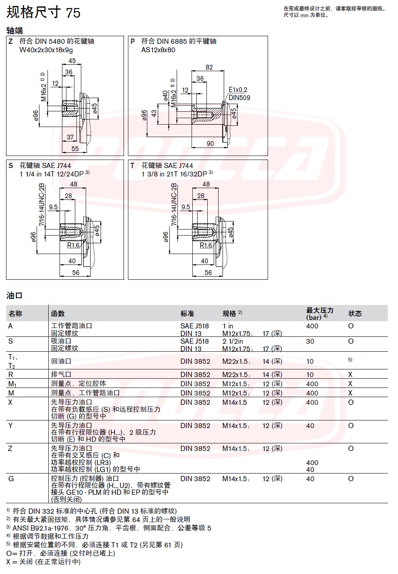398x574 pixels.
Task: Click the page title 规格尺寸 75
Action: [x=43, y=12]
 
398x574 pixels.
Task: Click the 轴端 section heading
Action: [x=14, y=31]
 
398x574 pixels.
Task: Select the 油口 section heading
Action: [x=14, y=295]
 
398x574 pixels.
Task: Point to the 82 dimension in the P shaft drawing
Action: [x=209, y=67]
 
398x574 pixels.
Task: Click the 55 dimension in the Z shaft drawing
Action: [x=75, y=149]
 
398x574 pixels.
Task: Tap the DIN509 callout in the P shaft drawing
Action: [x=239, y=98]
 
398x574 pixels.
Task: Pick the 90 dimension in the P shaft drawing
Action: [x=210, y=143]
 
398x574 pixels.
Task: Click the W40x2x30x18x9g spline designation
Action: [x=46, y=50]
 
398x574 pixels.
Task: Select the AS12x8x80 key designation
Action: [x=158, y=50]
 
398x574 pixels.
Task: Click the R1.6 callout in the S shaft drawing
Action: [x=73, y=245]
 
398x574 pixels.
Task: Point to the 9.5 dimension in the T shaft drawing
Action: [x=186, y=207]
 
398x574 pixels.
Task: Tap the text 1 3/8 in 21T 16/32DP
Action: [x=174, y=174]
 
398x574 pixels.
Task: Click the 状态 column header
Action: [x=355, y=314]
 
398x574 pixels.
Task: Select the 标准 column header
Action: [x=187, y=314]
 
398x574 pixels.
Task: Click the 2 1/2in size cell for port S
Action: [x=233, y=341]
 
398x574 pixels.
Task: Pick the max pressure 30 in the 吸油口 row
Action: [x=310, y=341]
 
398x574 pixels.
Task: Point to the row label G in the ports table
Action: [x=11, y=479]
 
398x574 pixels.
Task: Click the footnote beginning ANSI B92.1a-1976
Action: [x=109, y=528]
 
